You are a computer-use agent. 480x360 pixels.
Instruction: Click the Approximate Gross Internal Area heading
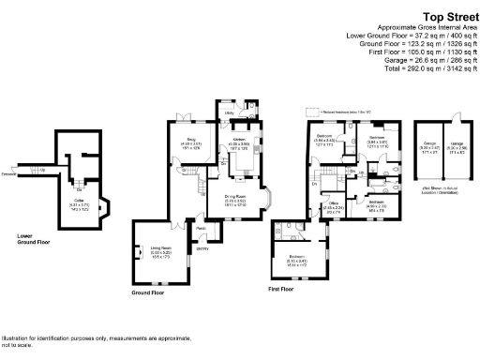tap(419, 28)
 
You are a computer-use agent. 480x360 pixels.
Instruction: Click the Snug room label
tap(191, 143)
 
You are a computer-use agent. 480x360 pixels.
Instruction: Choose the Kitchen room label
tap(239, 143)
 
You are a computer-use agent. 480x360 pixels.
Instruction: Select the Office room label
tap(332, 204)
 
